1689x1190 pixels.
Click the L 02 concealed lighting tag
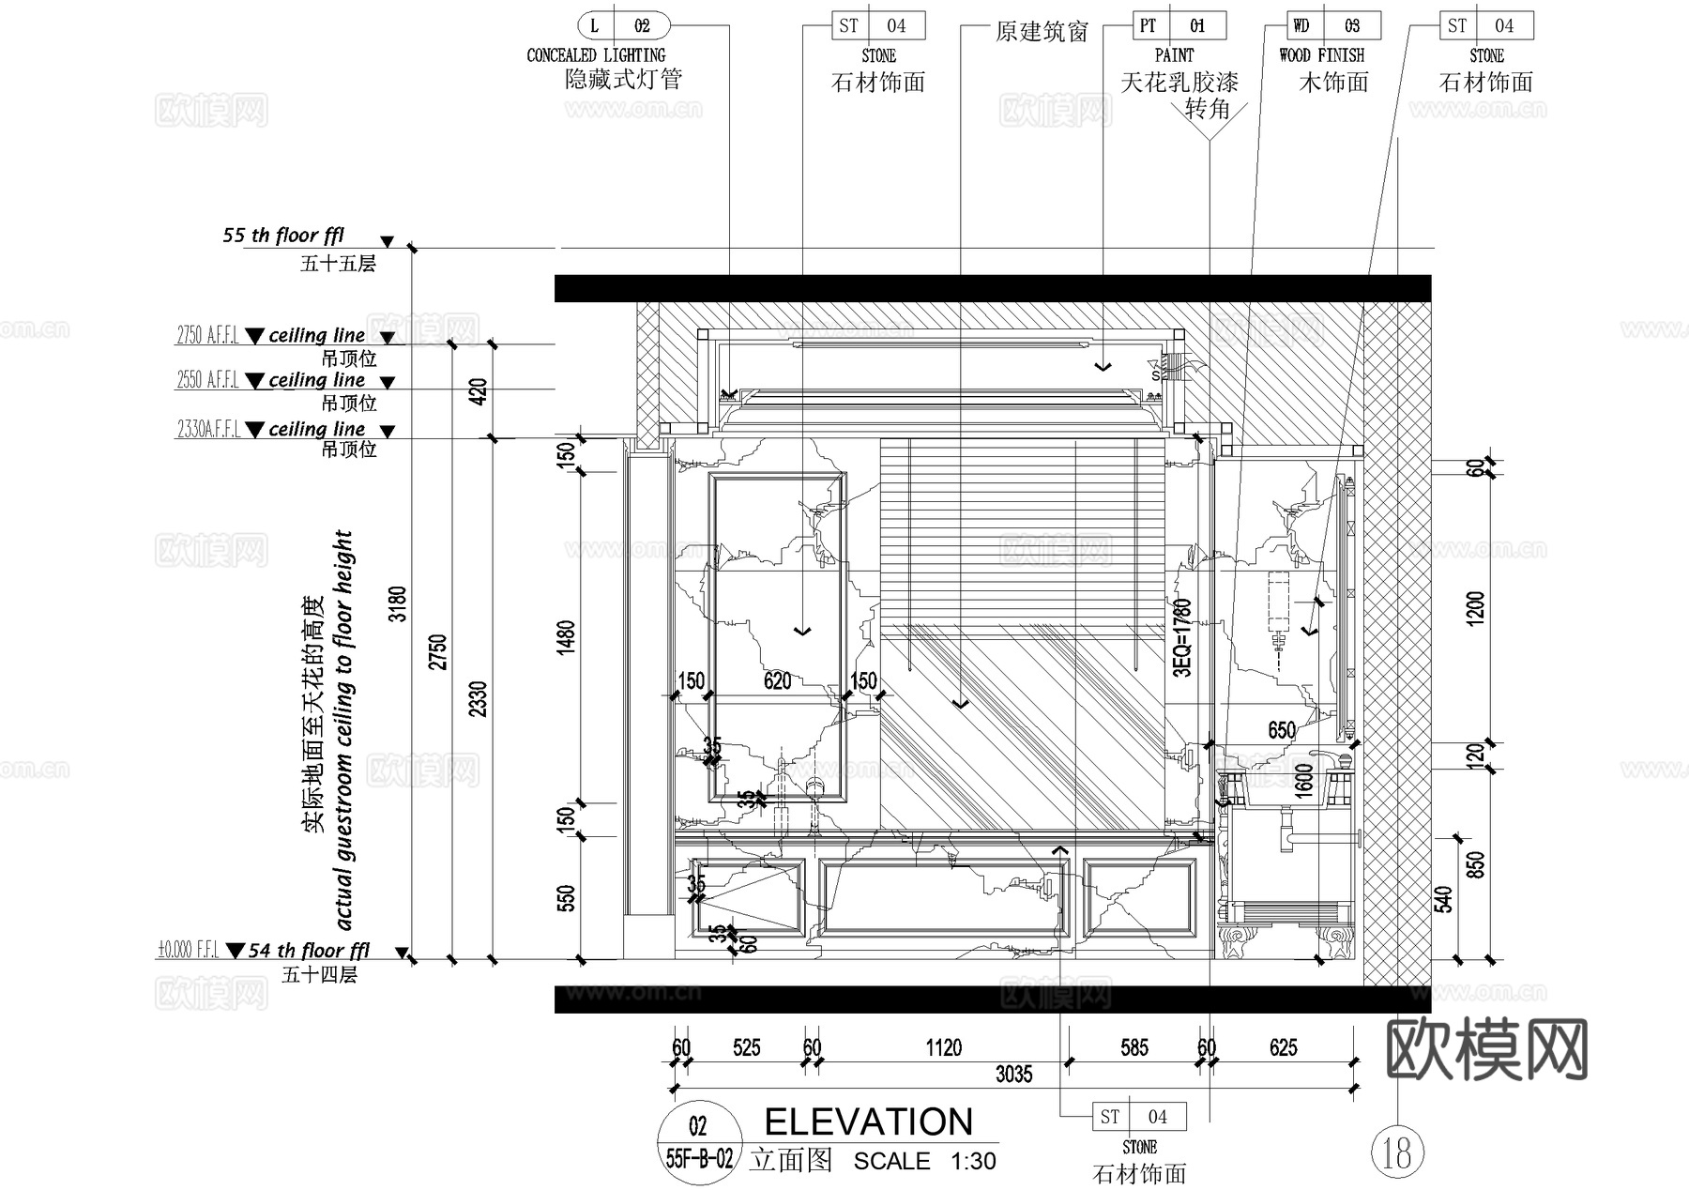(623, 25)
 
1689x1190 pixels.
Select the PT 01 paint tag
(1179, 25)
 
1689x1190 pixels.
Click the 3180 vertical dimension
(399, 603)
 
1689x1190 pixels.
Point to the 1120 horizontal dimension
(943, 1047)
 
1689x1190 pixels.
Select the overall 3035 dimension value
(1013, 1075)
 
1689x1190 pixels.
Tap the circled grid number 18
(1397, 1152)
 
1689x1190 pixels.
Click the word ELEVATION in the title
(868, 1122)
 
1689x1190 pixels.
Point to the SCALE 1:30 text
(924, 1162)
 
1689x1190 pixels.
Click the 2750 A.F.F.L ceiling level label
(207, 335)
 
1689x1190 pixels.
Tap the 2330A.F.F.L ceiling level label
(208, 429)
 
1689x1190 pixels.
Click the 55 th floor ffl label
(283, 236)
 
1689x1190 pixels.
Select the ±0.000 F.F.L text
(188, 951)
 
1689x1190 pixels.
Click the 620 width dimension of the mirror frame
(777, 681)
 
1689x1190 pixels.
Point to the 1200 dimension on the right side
(1475, 609)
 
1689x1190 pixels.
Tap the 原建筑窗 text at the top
(1042, 33)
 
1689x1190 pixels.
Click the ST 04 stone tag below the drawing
(1139, 1117)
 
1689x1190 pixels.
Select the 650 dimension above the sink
(1281, 730)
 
